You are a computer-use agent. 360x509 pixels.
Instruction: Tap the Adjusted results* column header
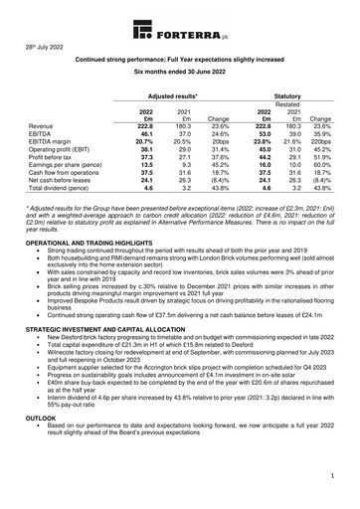169,91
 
